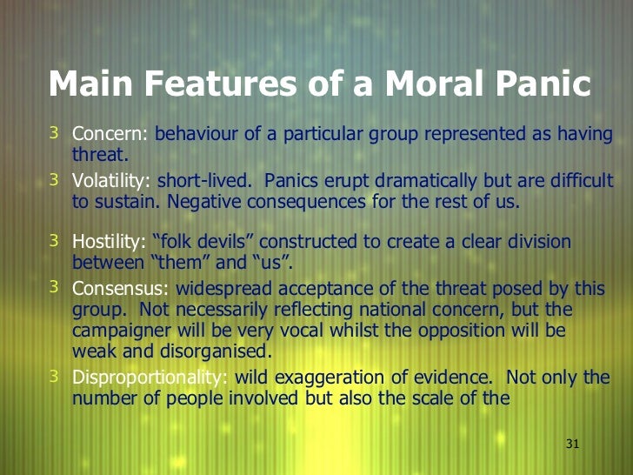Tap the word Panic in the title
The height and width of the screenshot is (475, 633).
[x=540, y=84]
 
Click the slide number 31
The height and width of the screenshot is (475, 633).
[x=572, y=444]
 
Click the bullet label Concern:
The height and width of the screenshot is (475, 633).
[x=110, y=135]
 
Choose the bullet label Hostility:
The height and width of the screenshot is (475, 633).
[x=110, y=242]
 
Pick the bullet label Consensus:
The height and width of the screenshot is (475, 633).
[x=121, y=288]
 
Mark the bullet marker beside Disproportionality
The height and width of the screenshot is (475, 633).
[x=54, y=377]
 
